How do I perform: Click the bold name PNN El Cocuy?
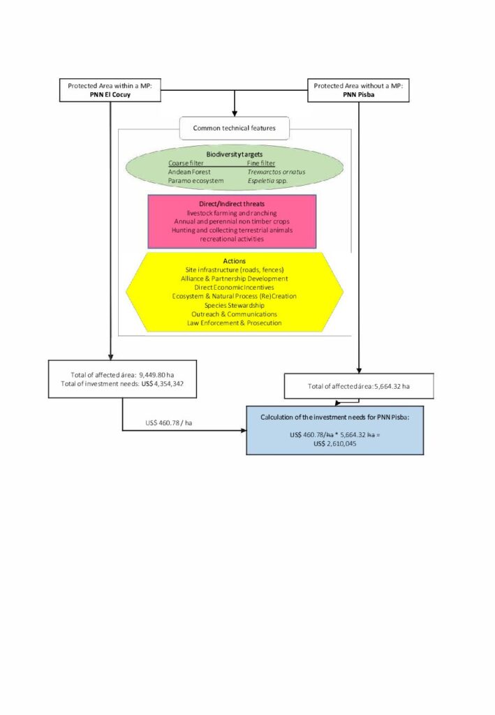110,94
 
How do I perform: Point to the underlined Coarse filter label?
184,163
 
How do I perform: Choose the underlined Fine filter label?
261,163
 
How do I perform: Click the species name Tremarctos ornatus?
276,172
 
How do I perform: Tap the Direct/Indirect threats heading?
232,203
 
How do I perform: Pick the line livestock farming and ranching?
232,212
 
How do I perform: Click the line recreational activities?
232,239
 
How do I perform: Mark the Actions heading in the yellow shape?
234,261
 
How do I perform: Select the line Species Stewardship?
234,305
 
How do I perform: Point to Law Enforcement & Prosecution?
234,323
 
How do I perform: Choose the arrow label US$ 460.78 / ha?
168,422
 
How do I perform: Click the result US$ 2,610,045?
334,443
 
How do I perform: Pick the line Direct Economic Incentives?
234,287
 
